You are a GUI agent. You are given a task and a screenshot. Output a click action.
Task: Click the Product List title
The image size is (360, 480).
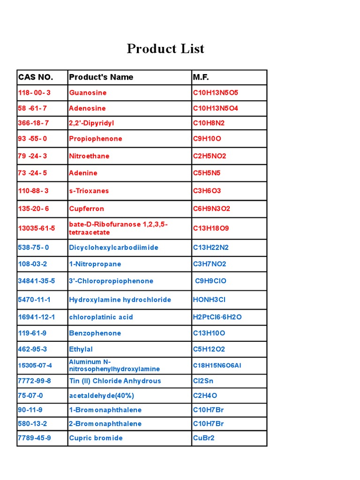pyautogui.click(x=165, y=49)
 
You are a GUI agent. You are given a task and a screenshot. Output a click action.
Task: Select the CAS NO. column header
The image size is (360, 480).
pyautogui.click(x=36, y=77)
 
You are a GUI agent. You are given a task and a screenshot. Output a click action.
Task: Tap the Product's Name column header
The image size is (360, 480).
pyautogui.click(x=101, y=77)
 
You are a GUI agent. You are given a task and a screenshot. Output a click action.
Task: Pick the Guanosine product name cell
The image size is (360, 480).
pyautogui.click(x=88, y=93)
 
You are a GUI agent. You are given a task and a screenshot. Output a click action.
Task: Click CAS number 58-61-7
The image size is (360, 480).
pyautogui.click(x=32, y=108)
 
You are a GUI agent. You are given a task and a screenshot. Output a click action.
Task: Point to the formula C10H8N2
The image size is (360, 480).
pyautogui.click(x=209, y=123)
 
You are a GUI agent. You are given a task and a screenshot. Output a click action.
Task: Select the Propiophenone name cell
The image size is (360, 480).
pyautogui.click(x=95, y=139)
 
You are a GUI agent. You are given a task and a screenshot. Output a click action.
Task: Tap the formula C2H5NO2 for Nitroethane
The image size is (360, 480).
pyautogui.click(x=210, y=156)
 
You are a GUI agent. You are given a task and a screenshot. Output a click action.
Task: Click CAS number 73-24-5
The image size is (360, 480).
pyautogui.click(x=32, y=173)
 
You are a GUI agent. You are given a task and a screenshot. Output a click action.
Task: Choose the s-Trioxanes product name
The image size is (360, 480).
pyautogui.click(x=89, y=191)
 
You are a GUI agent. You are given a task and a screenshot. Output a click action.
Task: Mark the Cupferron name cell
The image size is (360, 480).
pyautogui.click(x=86, y=209)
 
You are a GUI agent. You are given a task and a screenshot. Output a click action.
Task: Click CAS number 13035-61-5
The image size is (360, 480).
pyautogui.click(x=36, y=228)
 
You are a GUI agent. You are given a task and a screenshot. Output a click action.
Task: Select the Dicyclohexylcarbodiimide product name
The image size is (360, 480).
pyautogui.click(x=113, y=247)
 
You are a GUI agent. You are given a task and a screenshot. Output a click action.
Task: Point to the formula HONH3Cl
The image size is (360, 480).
pyautogui.click(x=209, y=300)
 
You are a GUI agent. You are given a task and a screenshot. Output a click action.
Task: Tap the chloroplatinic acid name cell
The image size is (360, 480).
pyautogui.click(x=101, y=317)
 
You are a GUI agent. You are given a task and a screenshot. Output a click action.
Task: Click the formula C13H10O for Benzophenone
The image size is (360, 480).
pyautogui.click(x=209, y=333)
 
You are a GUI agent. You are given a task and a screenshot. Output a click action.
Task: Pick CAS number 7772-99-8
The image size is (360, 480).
pyautogui.click(x=34, y=381)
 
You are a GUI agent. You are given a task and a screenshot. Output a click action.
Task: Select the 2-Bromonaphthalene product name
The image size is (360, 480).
pyautogui.click(x=105, y=424)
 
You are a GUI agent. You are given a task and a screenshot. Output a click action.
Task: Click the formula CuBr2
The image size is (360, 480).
pyautogui.click(x=203, y=438)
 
